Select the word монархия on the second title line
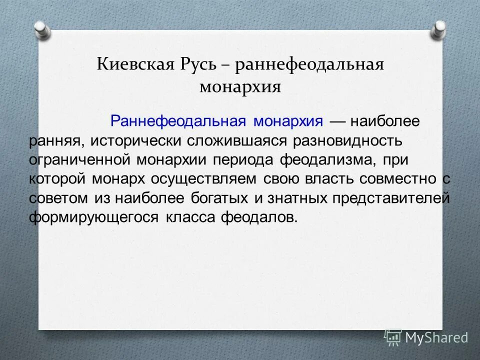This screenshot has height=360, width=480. click(x=240, y=87)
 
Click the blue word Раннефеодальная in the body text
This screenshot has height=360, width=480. click(x=179, y=121)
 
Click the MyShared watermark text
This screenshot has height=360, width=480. click(x=436, y=337)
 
